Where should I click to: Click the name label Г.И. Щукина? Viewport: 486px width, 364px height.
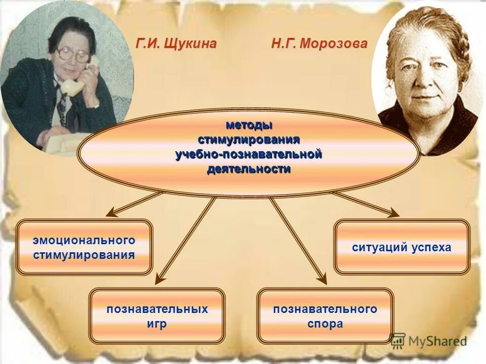pos(176,44)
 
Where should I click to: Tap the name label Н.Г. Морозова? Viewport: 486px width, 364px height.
pos(318,44)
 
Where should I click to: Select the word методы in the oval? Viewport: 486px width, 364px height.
pos(249,124)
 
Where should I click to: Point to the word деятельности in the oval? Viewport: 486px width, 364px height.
pos(249,169)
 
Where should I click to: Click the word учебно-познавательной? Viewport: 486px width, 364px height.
pos(249,154)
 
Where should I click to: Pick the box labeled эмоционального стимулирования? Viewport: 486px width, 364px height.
pos(84,247)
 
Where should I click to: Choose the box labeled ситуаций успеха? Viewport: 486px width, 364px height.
pos(401,247)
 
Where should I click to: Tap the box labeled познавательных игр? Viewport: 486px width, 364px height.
pos(157,316)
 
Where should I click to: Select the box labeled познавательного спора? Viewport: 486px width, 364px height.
pos(325,316)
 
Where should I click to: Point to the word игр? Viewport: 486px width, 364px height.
pos(157,324)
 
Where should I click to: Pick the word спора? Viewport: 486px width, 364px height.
pos(325,324)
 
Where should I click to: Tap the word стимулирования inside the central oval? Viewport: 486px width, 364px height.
pos(249,139)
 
